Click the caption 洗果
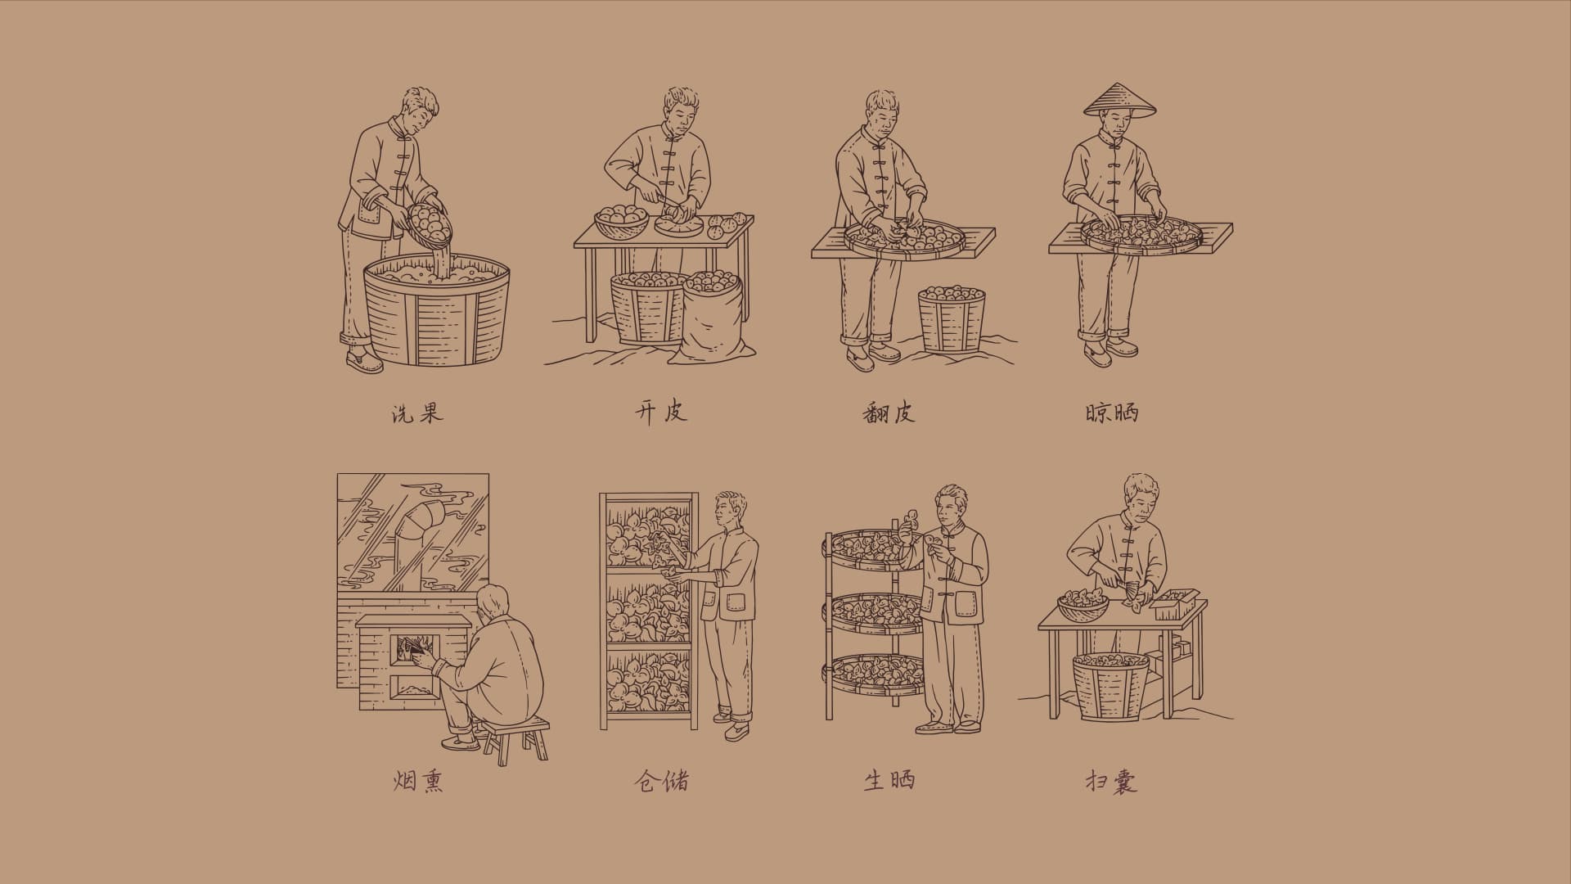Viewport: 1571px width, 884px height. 417,413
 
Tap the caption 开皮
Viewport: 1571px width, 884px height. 660,411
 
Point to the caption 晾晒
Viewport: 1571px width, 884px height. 1112,413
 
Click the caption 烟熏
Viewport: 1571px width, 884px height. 418,782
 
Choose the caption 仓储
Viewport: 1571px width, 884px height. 661,781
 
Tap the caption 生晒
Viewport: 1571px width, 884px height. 889,780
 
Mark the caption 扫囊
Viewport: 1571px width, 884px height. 1112,782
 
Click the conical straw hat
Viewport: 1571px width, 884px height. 1120,101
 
